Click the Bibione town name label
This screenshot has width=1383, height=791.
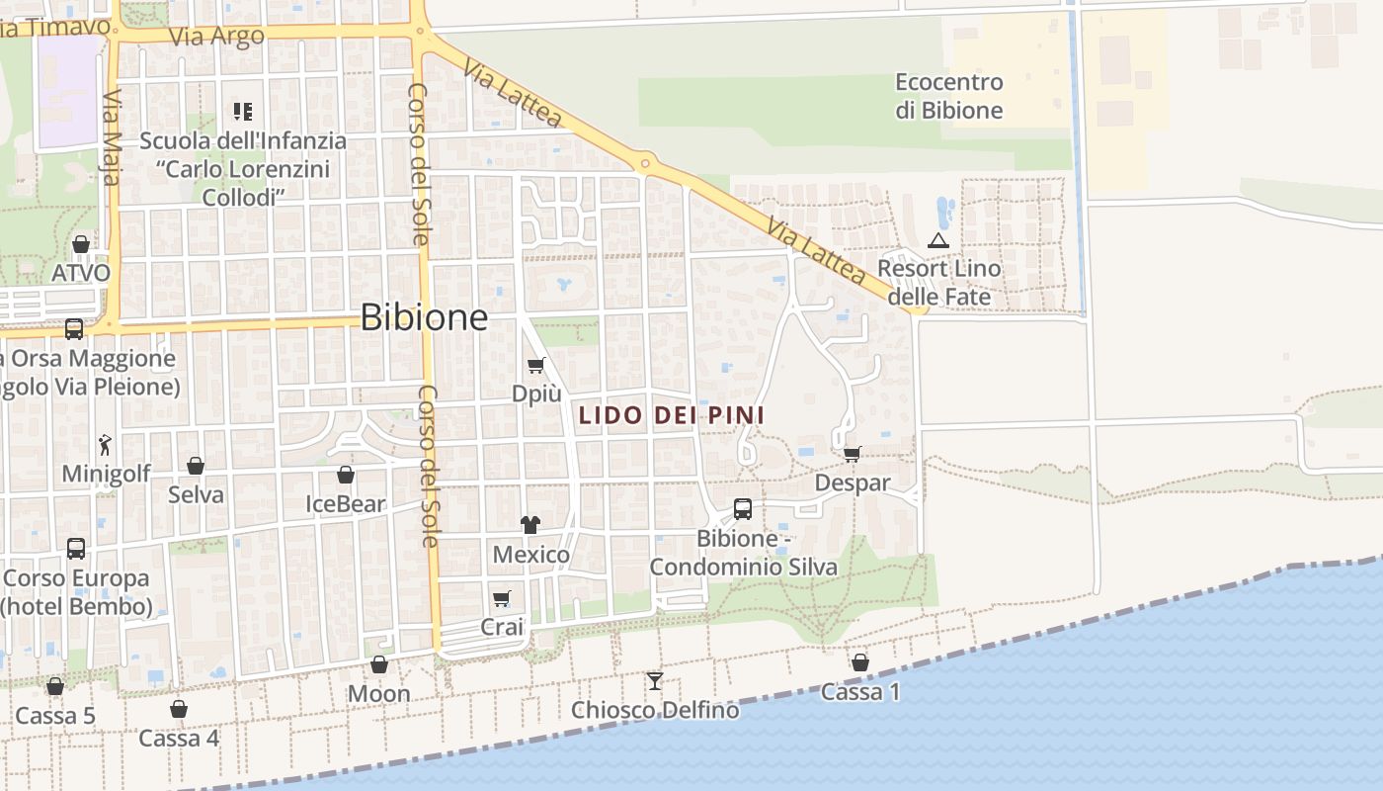point(424,317)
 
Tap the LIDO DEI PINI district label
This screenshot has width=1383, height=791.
point(672,416)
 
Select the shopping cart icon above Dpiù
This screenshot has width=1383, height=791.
point(536,366)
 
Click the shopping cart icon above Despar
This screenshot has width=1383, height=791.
point(853,454)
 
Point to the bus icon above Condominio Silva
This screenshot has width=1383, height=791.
point(743,509)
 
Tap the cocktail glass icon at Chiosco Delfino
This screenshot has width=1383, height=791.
point(655,680)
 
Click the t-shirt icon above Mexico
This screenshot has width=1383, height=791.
point(530,524)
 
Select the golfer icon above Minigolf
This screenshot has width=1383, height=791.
point(106,445)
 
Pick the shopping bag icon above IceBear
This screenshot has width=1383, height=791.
point(346,476)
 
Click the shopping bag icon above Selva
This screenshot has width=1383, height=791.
point(196,466)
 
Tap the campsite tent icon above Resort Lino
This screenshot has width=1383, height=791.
point(938,240)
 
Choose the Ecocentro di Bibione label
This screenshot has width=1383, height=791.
point(949,96)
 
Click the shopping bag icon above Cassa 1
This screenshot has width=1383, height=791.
point(860,662)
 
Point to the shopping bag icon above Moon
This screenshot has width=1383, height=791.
point(379,664)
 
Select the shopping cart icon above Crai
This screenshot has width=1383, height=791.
point(502,598)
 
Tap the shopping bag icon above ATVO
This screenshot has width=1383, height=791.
point(81,243)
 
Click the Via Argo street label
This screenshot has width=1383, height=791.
point(217,37)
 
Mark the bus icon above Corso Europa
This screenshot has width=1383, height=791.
point(76,548)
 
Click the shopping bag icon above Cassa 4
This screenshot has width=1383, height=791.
point(179,709)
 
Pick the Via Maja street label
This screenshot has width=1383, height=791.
point(112,138)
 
